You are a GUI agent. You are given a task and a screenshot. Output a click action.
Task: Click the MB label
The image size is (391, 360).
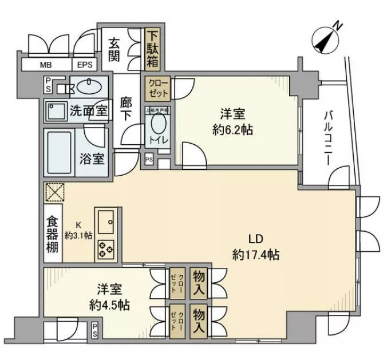pyautogui.click(x=46, y=65)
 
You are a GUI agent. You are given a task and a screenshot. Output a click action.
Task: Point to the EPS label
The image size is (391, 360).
pyautogui.click(x=85, y=65)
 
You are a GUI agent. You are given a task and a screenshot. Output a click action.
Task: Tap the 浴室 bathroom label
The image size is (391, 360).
pyautogui.click(x=92, y=159)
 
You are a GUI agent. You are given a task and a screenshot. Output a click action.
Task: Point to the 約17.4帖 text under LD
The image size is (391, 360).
pyautogui.click(x=256, y=255)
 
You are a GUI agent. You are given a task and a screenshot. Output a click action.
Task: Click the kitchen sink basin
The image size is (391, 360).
pyautogui.click(x=106, y=219)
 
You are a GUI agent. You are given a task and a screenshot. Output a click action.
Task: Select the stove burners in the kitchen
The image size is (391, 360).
pyautogui.click(x=106, y=248)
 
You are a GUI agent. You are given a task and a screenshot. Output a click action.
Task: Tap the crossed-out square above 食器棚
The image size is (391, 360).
pyautogui.click(x=55, y=193)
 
